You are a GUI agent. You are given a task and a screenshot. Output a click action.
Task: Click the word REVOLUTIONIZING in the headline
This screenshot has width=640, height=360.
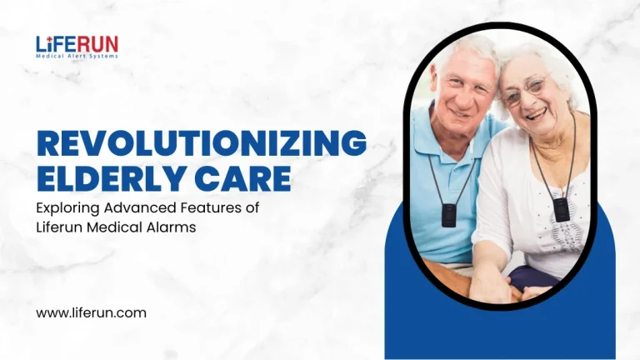pos(202,143)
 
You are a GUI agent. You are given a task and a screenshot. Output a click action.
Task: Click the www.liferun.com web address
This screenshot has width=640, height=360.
pos(91,313)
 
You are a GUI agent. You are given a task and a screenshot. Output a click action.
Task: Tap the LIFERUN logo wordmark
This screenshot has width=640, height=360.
pos(77,43)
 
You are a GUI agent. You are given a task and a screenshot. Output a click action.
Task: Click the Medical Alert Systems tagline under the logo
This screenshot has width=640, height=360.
pos(77,57)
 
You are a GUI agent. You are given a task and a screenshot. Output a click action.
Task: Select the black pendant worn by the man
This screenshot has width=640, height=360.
pos(449,215)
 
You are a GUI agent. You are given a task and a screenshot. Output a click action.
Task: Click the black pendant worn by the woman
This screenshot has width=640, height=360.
pos(562,207)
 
